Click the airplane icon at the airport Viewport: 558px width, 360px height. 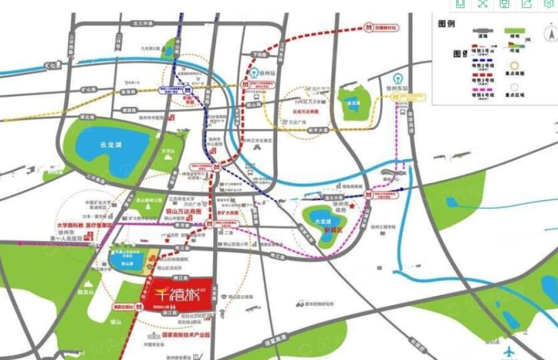pyautogui.click(x=508, y=352)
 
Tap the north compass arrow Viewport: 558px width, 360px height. pyautogui.click(x=551, y=35)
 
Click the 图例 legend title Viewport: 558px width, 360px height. pyautogui.click(x=446, y=25)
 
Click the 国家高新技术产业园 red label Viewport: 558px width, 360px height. pyautogui.click(x=185, y=335)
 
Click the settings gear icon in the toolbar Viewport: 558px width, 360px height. pyautogui.click(x=549, y=4)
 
